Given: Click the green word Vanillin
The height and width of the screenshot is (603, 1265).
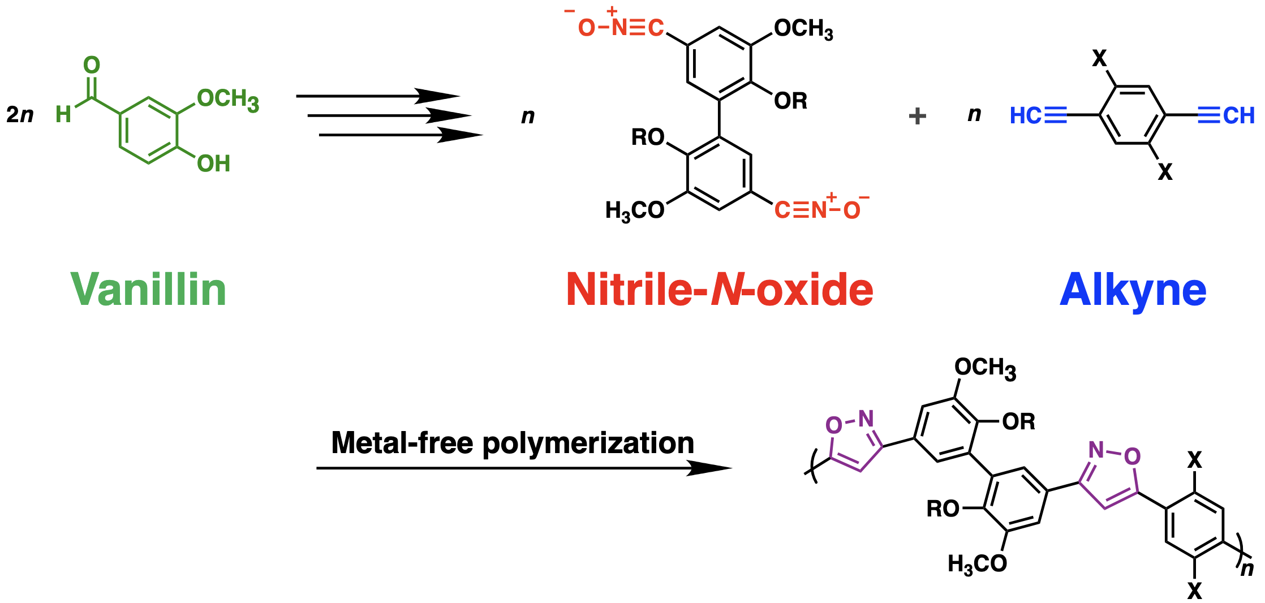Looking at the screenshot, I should [x=148, y=290].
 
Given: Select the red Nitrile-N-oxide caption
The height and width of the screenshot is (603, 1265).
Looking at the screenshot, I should [x=720, y=290].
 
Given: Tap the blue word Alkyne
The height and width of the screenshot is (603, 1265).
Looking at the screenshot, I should [x=1133, y=290].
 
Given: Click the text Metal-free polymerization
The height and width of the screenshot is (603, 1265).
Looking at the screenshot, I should [x=513, y=442].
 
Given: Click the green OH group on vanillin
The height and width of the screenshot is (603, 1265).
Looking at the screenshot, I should [x=214, y=164].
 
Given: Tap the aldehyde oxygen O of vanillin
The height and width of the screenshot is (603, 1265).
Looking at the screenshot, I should [x=92, y=65].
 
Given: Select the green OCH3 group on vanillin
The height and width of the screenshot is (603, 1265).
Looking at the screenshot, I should [x=228, y=100].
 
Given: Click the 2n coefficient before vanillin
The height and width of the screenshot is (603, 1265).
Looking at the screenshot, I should [x=20, y=115].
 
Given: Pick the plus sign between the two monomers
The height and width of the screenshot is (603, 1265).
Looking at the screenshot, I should [x=917, y=116].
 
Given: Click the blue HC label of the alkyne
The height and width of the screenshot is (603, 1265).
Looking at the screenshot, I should [x=1026, y=116].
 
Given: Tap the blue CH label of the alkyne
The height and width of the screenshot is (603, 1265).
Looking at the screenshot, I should [x=1238, y=116].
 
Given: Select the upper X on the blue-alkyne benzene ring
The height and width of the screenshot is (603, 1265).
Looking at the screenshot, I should [x=1099, y=58].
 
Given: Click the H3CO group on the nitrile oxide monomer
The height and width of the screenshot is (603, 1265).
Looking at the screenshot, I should [x=635, y=211].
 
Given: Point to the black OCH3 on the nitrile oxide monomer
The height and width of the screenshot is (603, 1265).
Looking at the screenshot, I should [x=803, y=29].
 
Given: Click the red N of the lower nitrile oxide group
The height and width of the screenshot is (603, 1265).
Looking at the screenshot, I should [x=819, y=210].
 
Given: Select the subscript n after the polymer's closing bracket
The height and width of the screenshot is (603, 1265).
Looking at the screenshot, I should [x=1247, y=568].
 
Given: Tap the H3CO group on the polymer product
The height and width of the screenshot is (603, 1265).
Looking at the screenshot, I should [x=977, y=564].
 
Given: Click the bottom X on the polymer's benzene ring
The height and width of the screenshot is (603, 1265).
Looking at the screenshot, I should [x=1194, y=591].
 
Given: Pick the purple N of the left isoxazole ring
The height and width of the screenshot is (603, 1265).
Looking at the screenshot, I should [x=866, y=419].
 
